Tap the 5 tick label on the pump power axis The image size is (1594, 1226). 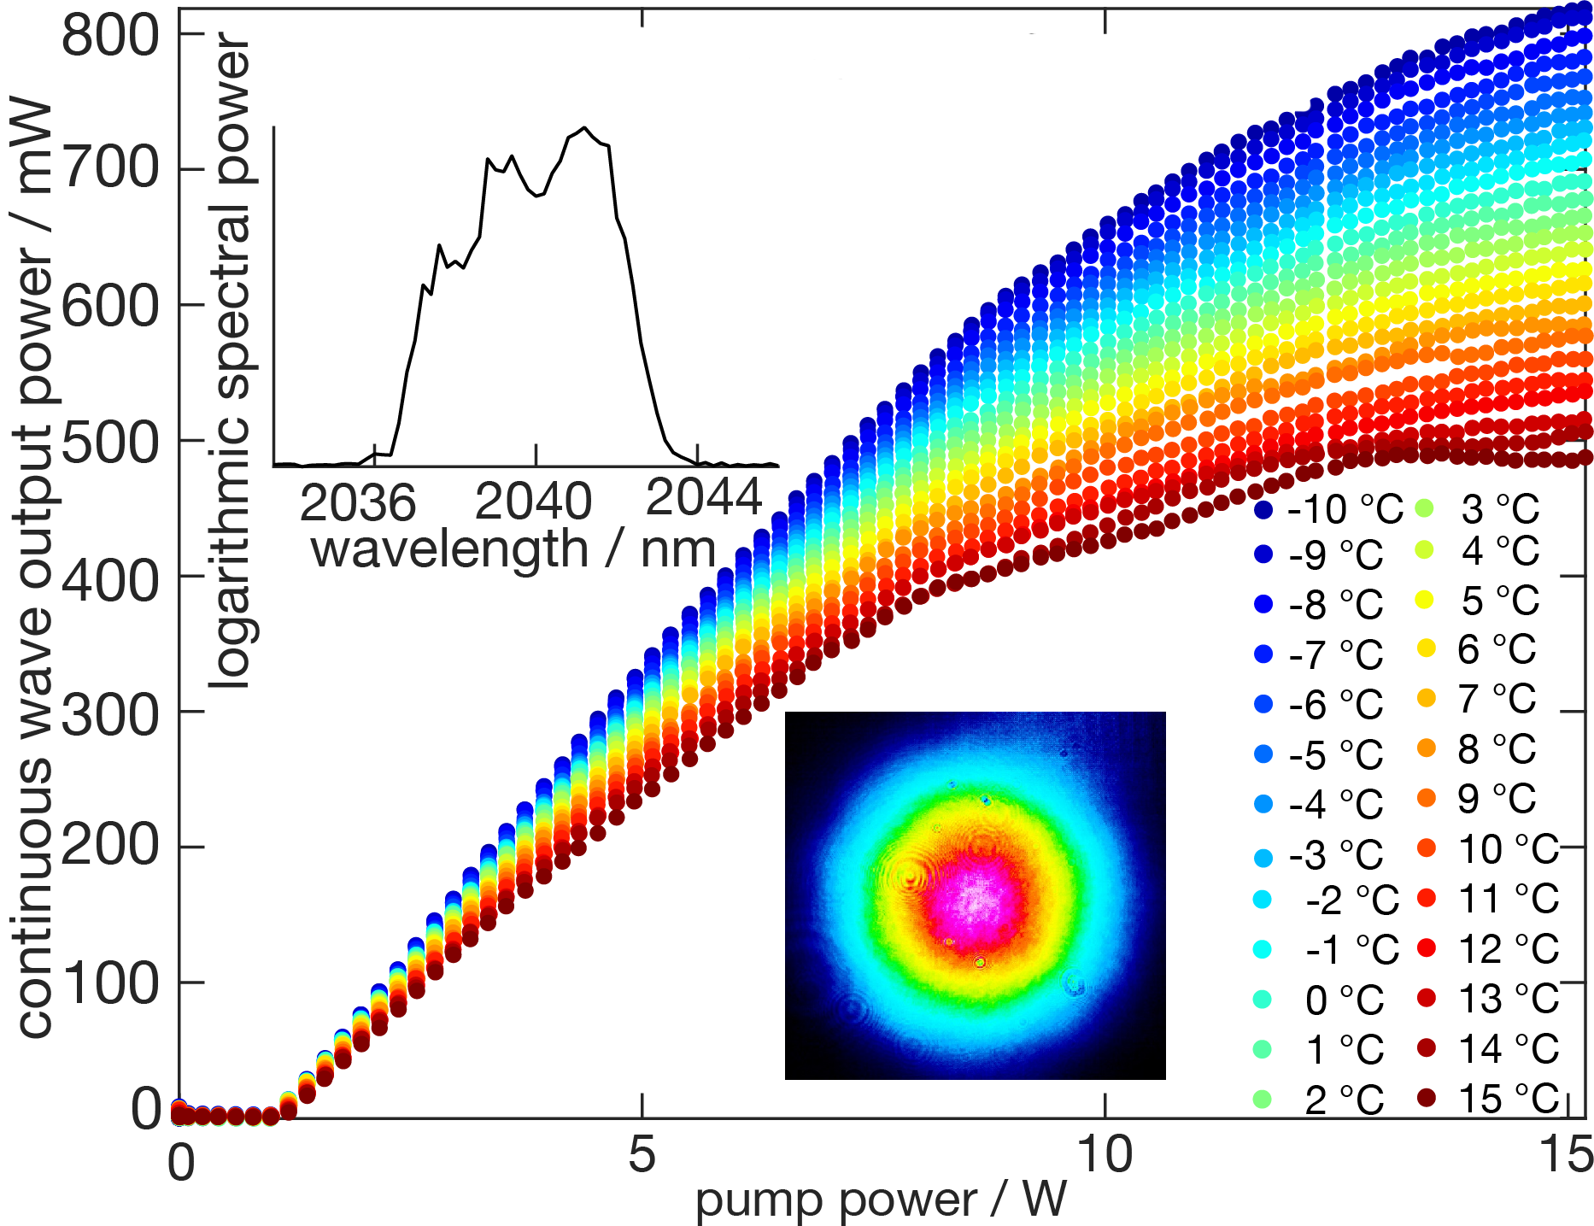click(x=642, y=1155)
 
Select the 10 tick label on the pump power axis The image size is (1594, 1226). click(x=1105, y=1155)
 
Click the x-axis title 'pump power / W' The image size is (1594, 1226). click(x=881, y=1200)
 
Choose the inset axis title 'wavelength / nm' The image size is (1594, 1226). click(x=513, y=548)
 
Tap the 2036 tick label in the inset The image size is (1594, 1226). click(x=358, y=502)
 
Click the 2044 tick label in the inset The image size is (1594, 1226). click(x=704, y=497)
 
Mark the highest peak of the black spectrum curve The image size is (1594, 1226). click(x=584, y=128)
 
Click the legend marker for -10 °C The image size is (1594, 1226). click(x=1264, y=510)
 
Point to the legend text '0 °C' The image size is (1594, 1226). click(x=1345, y=1000)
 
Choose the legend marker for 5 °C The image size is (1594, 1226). click(x=1425, y=600)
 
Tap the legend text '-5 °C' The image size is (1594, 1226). click(x=1336, y=755)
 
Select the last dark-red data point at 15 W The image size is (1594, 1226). click(x=1585, y=458)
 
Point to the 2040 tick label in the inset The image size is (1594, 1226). click(x=533, y=502)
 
